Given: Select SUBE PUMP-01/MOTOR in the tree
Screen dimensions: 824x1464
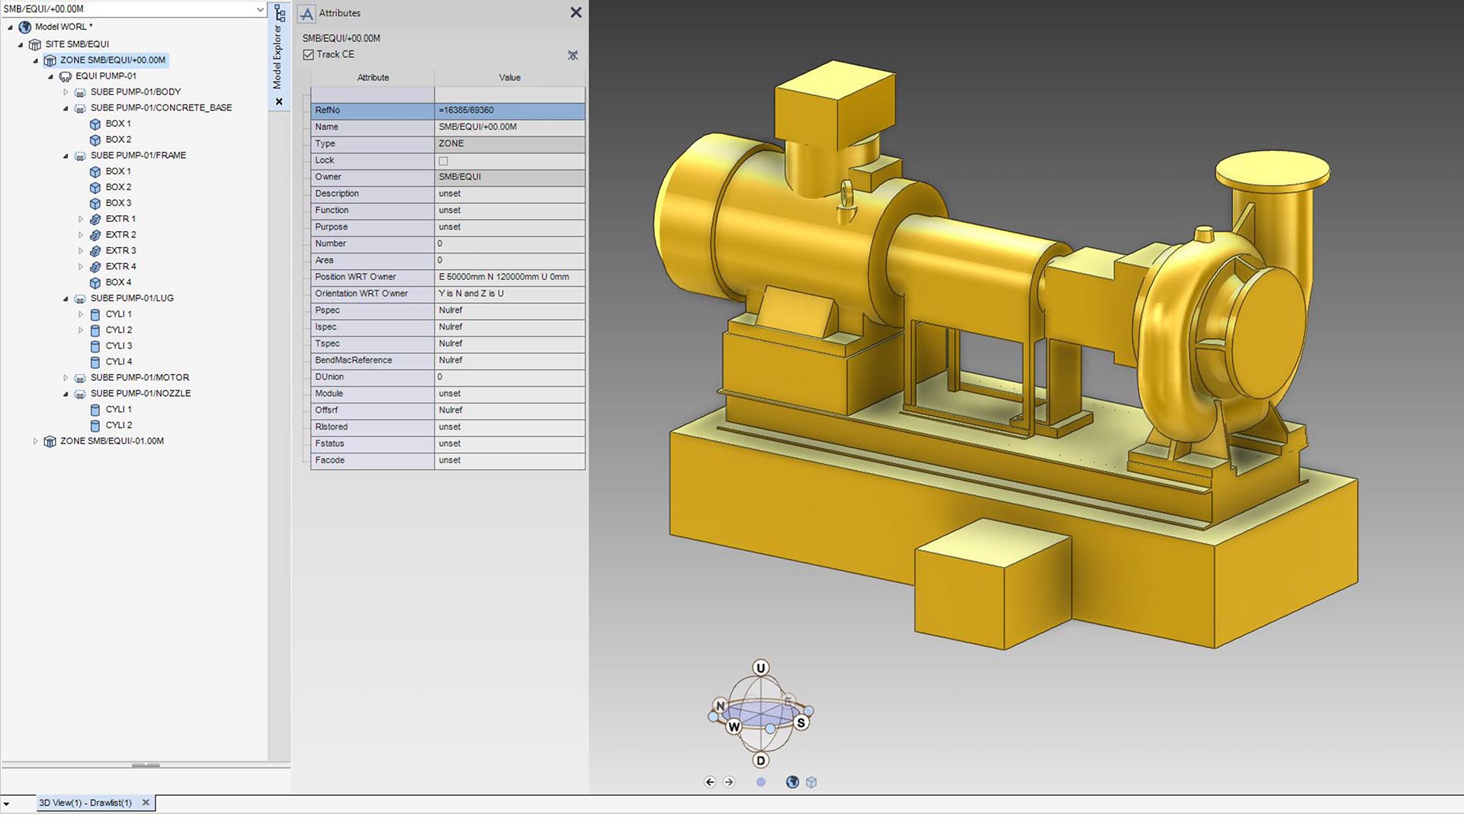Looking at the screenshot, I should [140, 378].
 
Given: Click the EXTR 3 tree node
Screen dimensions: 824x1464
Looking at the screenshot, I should [120, 251].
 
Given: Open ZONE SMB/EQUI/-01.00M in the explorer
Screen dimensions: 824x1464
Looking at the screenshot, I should [111, 441].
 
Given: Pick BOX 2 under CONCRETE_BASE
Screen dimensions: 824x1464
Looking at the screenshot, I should [118, 140].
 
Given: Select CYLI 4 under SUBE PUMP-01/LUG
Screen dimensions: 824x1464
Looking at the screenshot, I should [118, 362].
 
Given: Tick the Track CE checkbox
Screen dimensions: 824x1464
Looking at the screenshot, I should [309, 55].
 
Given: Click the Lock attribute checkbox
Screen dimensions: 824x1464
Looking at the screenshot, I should [443, 161].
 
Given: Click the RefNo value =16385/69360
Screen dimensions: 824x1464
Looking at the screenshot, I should [466, 111].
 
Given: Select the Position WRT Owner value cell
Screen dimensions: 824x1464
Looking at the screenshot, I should [503, 277].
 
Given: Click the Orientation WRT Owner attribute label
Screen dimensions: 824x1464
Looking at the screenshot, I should [361, 294].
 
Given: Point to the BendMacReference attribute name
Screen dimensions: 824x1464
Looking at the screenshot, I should [353, 360].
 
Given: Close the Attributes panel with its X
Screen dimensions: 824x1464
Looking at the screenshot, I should [576, 13].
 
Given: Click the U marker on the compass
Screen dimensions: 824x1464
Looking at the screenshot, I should [760, 668].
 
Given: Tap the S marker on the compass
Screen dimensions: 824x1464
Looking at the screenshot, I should [801, 723].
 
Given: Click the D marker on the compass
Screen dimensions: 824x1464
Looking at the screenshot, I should [760, 761].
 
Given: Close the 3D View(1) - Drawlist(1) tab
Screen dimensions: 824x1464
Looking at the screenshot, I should [146, 803].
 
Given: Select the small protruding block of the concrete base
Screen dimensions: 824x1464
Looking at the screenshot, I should [991, 584].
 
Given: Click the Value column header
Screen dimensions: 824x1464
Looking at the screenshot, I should [509, 78].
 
